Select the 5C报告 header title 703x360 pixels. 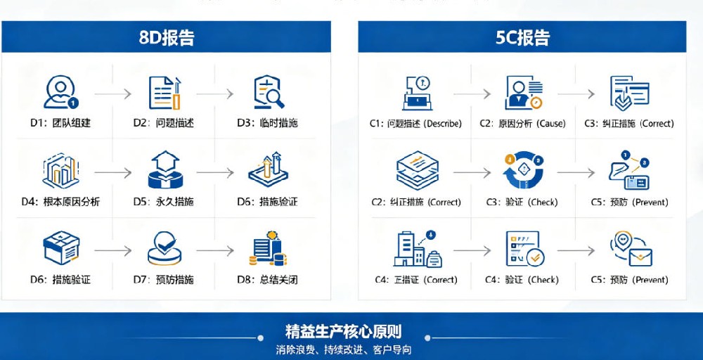pyautogui.click(x=522, y=37)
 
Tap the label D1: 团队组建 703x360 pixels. pyautogui.click(x=60, y=123)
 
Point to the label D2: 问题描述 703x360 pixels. pyautogui.click(x=164, y=123)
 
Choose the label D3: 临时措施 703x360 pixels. pyautogui.click(x=267, y=123)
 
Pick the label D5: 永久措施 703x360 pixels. pyautogui.click(x=164, y=202)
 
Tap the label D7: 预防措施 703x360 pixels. pyautogui.click(x=164, y=280)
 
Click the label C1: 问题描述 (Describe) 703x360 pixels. pyautogui.click(x=415, y=124)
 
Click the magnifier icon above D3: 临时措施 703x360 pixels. pyautogui.click(x=269, y=92)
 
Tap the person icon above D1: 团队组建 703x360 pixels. pyautogui.click(x=60, y=92)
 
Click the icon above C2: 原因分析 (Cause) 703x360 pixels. pyautogui.click(x=523, y=92)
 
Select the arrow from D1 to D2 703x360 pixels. pyautogui.click(x=112, y=93)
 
